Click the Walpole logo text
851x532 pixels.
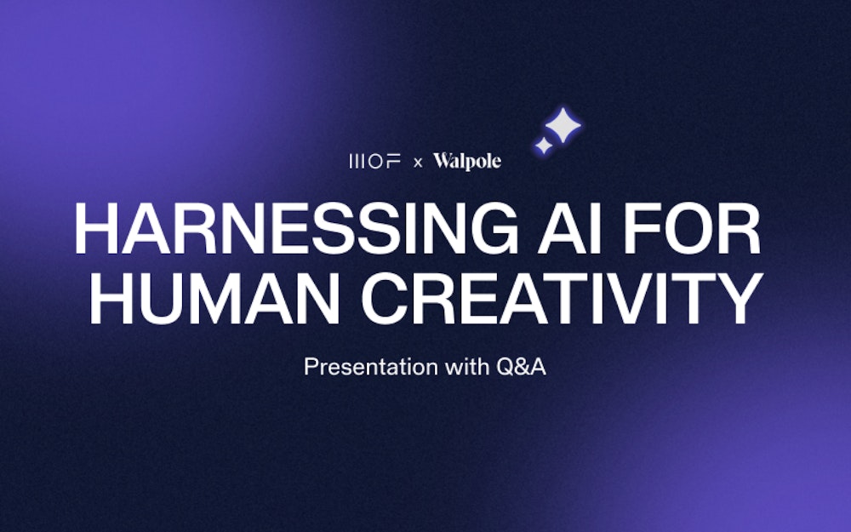click(467, 161)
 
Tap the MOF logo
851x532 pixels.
click(374, 161)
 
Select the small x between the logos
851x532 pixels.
click(417, 162)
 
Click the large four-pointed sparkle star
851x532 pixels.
click(563, 126)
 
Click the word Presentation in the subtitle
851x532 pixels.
click(372, 369)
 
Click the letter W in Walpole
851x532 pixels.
click(443, 161)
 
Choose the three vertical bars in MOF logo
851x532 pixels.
click(357, 161)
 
